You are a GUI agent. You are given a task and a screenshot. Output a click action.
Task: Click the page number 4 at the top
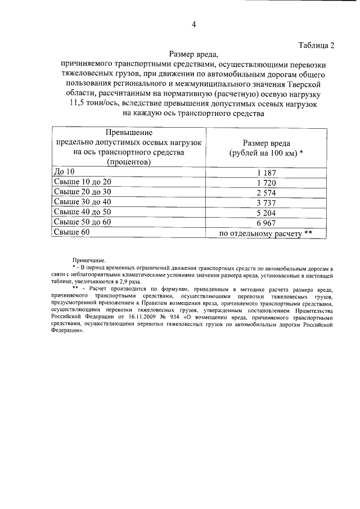[x=194, y=24]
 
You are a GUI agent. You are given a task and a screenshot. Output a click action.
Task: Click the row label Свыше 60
[x=70, y=232]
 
